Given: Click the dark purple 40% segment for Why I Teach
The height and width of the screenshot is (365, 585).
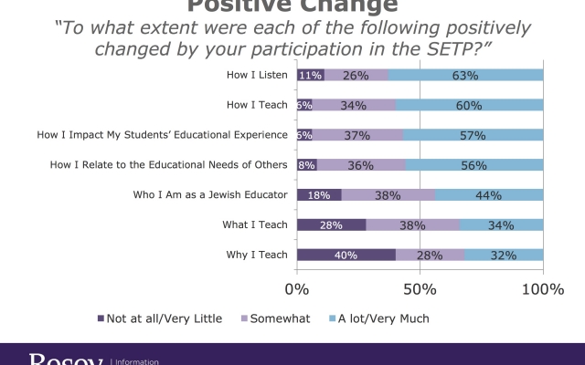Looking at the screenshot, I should (346, 255).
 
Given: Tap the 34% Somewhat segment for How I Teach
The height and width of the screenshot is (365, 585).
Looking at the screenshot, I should (354, 105).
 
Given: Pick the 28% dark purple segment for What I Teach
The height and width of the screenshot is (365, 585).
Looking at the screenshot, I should (331, 224).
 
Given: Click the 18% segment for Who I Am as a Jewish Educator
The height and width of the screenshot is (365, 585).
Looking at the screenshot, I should (319, 194).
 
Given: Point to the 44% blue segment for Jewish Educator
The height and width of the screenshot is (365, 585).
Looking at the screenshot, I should (489, 194).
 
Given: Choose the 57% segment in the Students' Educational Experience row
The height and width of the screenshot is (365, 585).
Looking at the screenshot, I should (473, 135).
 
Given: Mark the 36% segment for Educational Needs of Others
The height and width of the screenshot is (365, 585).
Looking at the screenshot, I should (362, 165).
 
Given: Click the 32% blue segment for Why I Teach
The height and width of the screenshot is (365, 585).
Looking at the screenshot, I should (504, 255).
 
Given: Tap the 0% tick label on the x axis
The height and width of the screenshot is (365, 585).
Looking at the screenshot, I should (297, 289).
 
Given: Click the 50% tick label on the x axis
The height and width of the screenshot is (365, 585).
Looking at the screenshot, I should (420, 289).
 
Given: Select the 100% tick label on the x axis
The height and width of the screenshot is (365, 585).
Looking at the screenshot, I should (543, 289).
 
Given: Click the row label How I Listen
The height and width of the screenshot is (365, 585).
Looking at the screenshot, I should (258, 75).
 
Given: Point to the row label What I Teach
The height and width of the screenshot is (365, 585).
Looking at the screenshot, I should (255, 224).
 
